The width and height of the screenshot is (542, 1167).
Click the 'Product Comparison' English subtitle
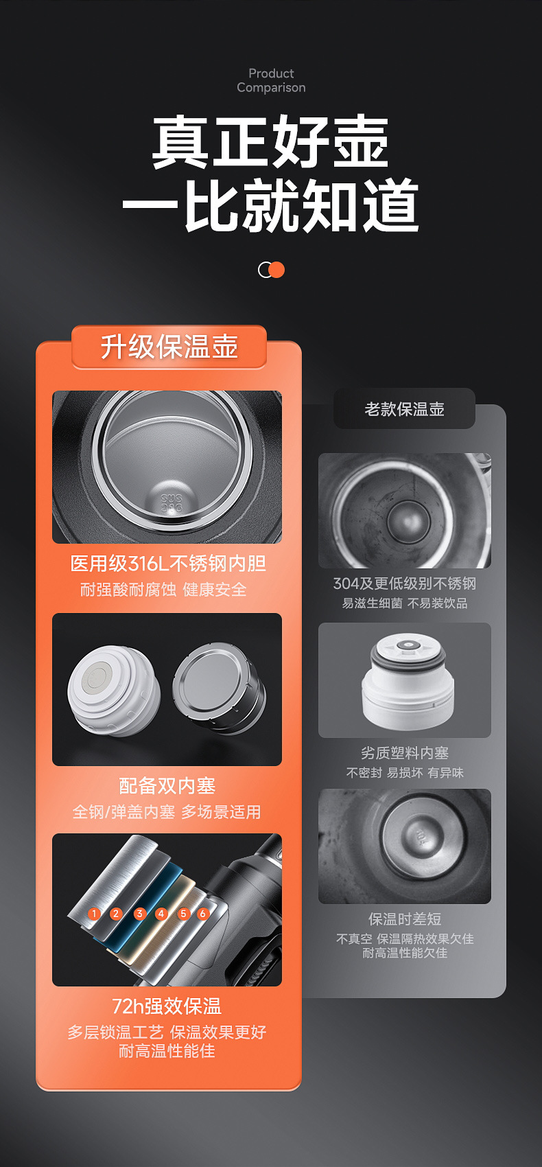click(271, 80)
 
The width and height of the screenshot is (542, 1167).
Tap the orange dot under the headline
click(276, 270)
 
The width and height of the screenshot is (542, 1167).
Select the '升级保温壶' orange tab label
click(169, 347)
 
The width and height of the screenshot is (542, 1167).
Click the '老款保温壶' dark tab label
click(404, 409)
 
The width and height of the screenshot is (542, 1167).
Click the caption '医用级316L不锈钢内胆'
click(168, 564)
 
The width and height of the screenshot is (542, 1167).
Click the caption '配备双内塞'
click(167, 785)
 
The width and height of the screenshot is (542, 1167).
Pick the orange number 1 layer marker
click(95, 914)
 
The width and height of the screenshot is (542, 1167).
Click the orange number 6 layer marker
click(202, 914)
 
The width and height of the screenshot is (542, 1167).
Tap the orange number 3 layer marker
click(139, 914)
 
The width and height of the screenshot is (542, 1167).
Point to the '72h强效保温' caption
click(167, 1006)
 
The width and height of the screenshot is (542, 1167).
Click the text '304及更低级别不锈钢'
click(404, 583)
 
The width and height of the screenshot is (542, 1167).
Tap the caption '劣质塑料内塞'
click(404, 753)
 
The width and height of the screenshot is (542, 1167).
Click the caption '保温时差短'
click(404, 919)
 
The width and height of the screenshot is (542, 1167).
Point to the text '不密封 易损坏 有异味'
click(404, 773)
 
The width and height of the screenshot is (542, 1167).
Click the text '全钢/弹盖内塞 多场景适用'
click(167, 812)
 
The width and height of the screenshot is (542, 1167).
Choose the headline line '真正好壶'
click(270, 143)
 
